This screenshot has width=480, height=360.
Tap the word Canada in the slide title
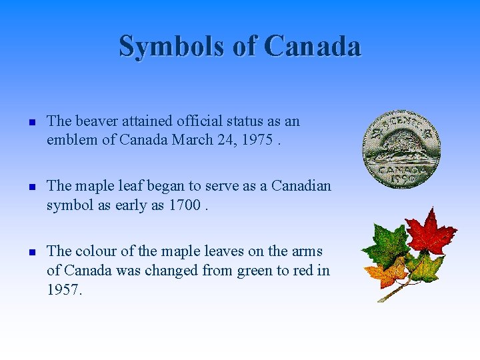[312, 46]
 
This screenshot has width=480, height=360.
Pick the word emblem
[72, 140]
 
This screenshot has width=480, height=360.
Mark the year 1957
[63, 289]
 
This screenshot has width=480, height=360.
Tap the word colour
[97, 251]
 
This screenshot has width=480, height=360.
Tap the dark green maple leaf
[386, 246]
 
